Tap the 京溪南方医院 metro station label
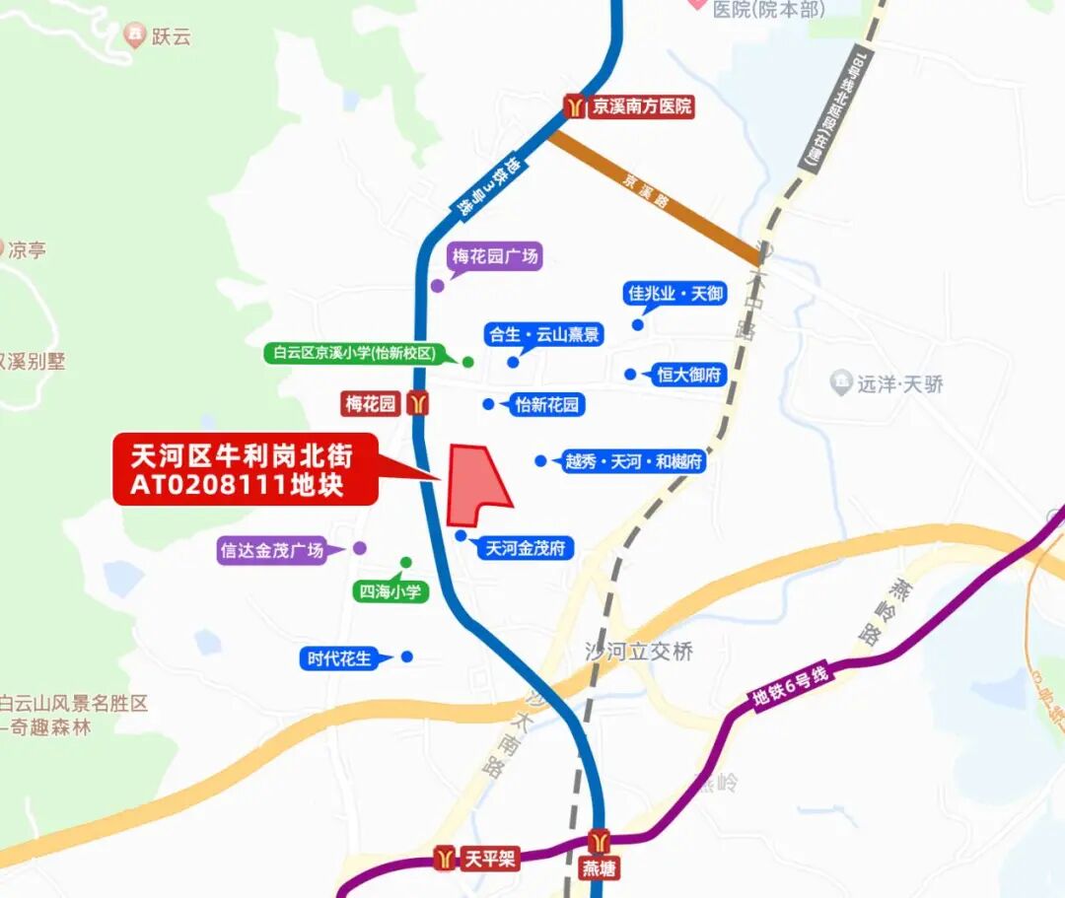(641, 106)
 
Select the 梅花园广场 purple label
(496, 257)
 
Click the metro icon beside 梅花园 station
(420, 403)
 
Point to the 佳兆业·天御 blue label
(676, 293)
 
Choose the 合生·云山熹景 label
(543, 334)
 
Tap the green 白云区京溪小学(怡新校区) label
(355, 352)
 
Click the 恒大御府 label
(690, 375)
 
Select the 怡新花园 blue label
(549, 404)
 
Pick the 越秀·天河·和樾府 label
(633, 461)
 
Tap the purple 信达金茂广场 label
(272, 550)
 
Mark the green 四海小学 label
(390, 591)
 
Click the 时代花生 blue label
(339, 658)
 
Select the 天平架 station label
(489, 860)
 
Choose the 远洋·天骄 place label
(898, 383)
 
